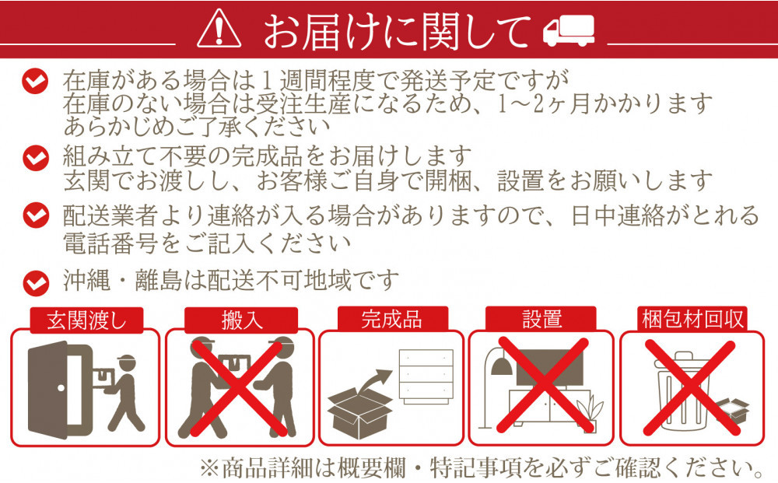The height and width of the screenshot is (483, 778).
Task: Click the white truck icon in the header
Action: click(x=567, y=32)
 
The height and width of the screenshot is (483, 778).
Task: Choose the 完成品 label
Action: click(x=391, y=320)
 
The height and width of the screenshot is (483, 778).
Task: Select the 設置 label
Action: click(x=542, y=320)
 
